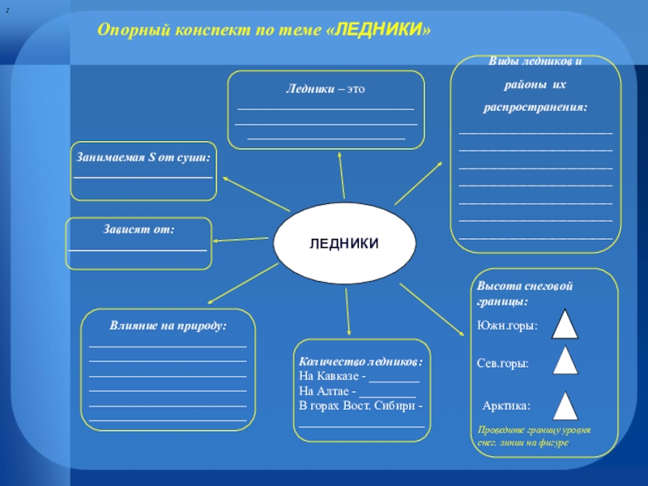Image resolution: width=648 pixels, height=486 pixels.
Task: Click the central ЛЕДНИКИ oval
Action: (345, 244)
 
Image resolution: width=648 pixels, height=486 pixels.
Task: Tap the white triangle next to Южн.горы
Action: (565, 324)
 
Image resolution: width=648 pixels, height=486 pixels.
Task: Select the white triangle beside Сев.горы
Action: (565, 360)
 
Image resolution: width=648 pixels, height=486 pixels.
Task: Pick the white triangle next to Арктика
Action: (565, 406)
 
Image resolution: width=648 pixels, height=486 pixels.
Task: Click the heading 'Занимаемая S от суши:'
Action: (143, 157)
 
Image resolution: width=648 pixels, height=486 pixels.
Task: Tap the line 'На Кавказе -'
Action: (334, 376)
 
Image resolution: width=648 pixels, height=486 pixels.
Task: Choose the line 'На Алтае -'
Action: (330, 391)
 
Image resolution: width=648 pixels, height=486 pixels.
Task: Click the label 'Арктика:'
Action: (506, 406)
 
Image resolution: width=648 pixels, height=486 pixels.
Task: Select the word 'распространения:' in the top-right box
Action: (535, 107)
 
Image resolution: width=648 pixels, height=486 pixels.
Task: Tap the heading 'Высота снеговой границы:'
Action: (514, 293)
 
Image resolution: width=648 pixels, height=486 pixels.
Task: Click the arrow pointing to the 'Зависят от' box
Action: (243, 238)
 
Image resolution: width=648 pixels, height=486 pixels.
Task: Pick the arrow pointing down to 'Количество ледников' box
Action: (347, 312)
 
